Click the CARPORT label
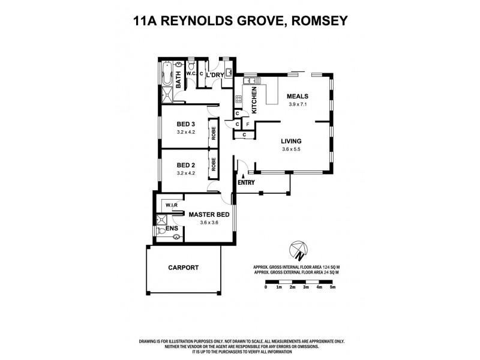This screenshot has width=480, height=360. [x=183, y=268]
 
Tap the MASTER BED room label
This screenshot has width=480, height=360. [x=209, y=214]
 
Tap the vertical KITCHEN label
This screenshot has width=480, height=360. [x=254, y=100]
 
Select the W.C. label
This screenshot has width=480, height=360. [x=191, y=74]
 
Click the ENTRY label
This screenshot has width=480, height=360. [x=246, y=182]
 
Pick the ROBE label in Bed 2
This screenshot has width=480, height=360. [x=212, y=164]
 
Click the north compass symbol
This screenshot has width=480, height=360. [x=298, y=248]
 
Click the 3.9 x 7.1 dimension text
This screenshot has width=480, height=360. [x=297, y=104]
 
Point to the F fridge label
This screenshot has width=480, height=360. [x=248, y=125]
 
